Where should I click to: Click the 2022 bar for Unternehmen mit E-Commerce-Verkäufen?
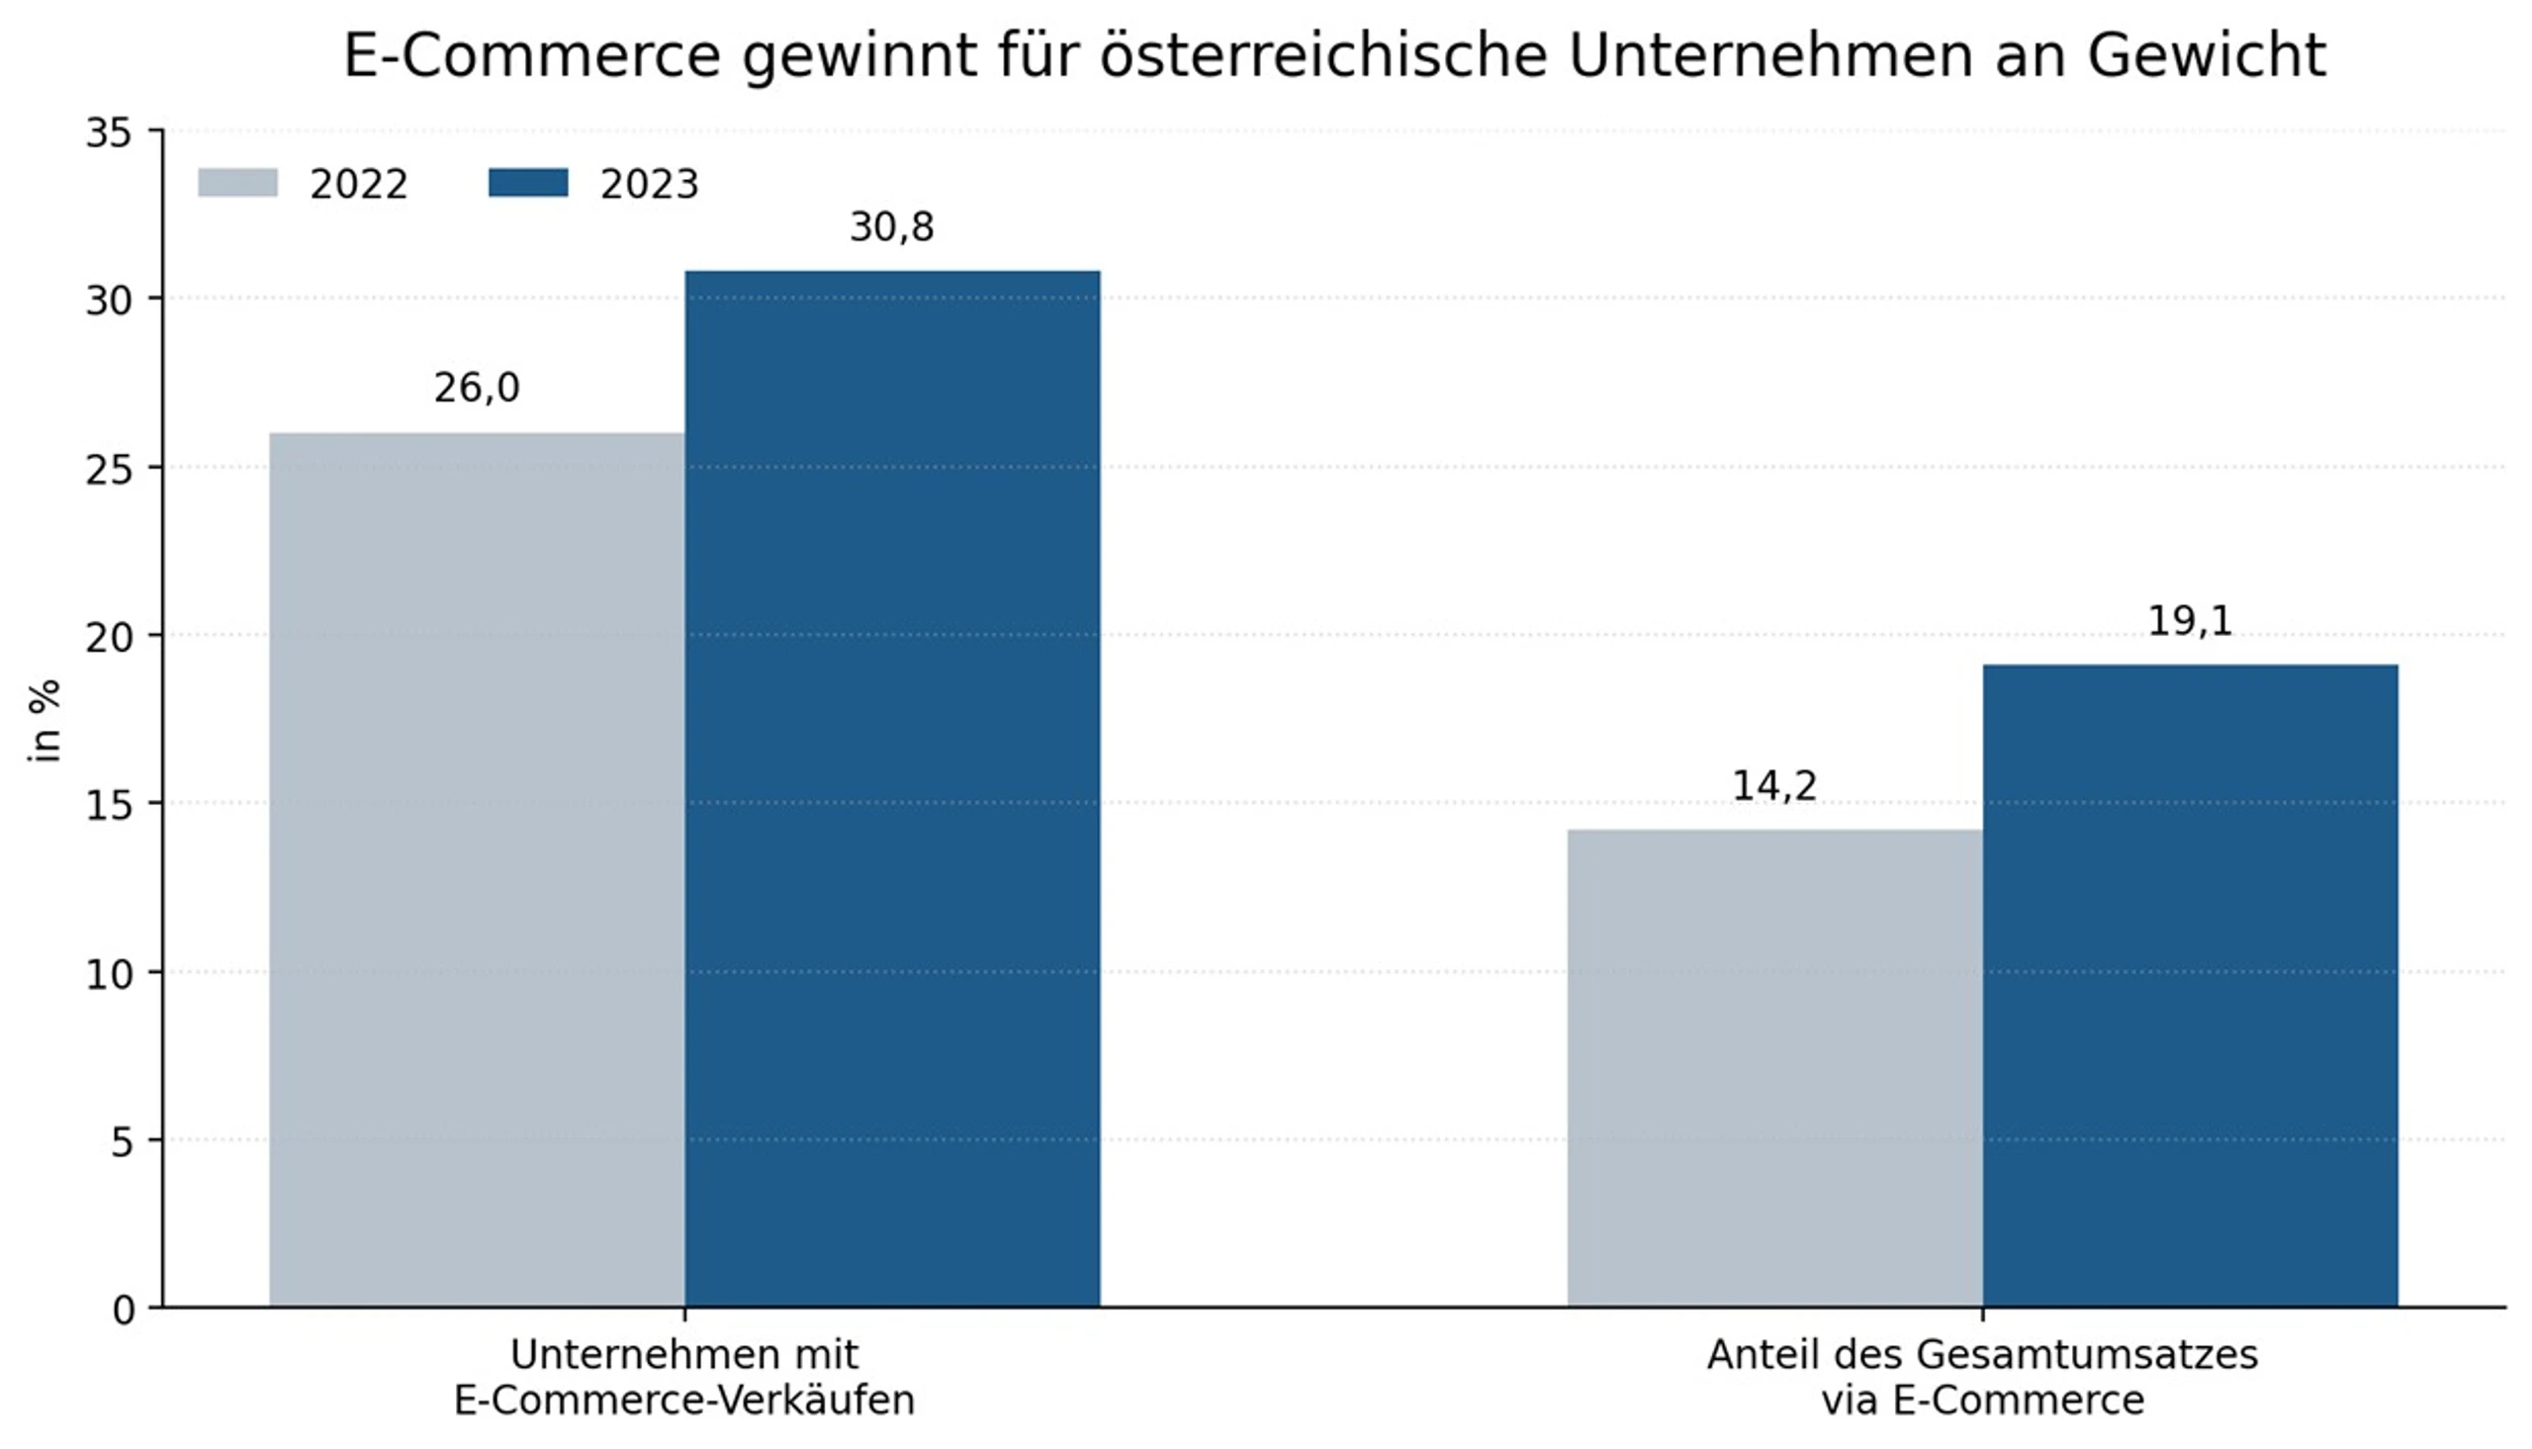[477, 869]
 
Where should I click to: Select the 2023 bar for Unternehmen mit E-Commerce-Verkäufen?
[892, 789]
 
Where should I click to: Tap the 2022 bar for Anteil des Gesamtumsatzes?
[1775, 1069]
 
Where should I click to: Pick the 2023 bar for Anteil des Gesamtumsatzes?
[2190, 986]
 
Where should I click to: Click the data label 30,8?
[891, 227]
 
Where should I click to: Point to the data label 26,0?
[477, 388]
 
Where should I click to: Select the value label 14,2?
[1775, 786]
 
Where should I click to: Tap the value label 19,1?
[2190, 621]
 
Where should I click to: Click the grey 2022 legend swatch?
[237, 183]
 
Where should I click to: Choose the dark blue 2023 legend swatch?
[528, 183]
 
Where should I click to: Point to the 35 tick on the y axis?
[109, 133]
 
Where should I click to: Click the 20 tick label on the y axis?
[109, 637]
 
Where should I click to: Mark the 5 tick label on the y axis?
[122, 1142]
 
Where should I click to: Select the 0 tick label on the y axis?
[122, 1311]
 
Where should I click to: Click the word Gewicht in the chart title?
[2207, 56]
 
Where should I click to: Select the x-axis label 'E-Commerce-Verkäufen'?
[684, 1401]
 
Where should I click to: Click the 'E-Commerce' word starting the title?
[531, 55]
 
